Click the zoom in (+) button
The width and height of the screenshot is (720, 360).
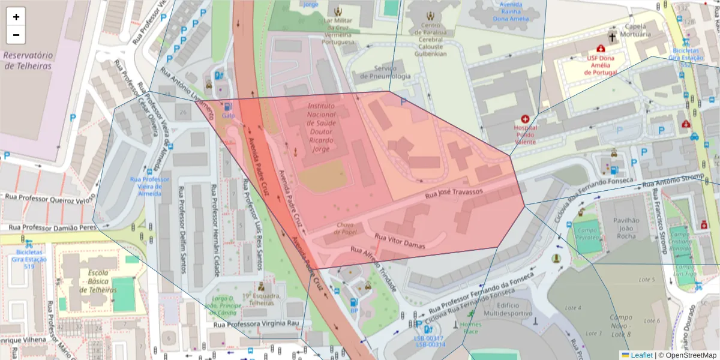click(x=16, y=17)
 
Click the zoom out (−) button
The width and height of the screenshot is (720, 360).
click(x=16, y=35)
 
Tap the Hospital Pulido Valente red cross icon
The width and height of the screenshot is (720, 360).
click(x=526, y=119)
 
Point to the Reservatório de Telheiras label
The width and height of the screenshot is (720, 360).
click(x=28, y=61)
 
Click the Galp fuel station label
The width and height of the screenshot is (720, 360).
click(x=228, y=115)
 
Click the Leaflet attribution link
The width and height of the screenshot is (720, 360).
click(x=641, y=355)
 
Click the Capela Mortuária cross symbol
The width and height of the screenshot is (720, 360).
click(x=612, y=37)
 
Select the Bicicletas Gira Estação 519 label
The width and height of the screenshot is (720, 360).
click(x=28, y=259)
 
